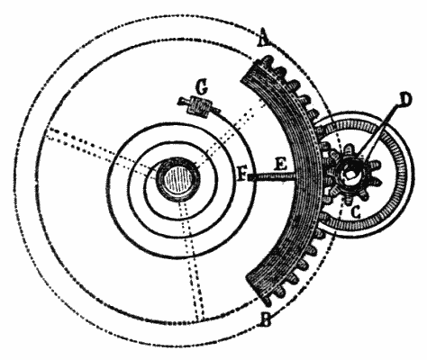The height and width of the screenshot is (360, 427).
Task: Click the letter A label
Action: (264, 38)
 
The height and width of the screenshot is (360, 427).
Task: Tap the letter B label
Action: (267, 319)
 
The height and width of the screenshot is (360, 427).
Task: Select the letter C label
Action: (356, 212)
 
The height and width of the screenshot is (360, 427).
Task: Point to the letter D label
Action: (404, 99)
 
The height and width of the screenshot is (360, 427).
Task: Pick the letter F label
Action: (242, 175)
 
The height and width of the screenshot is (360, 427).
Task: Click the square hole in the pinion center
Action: (350, 174)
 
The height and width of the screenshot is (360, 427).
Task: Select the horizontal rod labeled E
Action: (273, 177)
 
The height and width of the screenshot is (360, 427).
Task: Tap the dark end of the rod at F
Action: (251, 178)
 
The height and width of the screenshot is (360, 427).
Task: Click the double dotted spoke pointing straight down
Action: (191, 260)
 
